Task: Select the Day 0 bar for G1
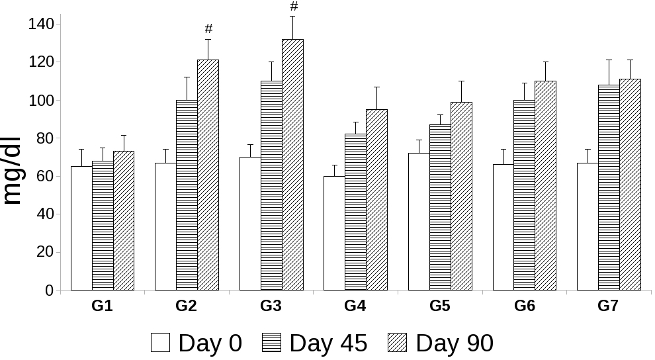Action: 81,228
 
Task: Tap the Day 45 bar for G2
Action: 187,195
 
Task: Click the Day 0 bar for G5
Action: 419,222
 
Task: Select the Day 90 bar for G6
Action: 545,185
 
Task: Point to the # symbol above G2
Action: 208,28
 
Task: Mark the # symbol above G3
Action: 294,7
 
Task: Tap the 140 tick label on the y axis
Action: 41,24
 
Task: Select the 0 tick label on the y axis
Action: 49,290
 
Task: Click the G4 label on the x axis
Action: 355,306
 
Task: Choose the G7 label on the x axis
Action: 608,306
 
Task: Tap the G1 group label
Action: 102,306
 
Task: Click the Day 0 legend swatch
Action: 161,343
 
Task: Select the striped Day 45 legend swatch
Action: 272,343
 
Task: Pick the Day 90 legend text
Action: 455,343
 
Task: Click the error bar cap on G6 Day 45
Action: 524,83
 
